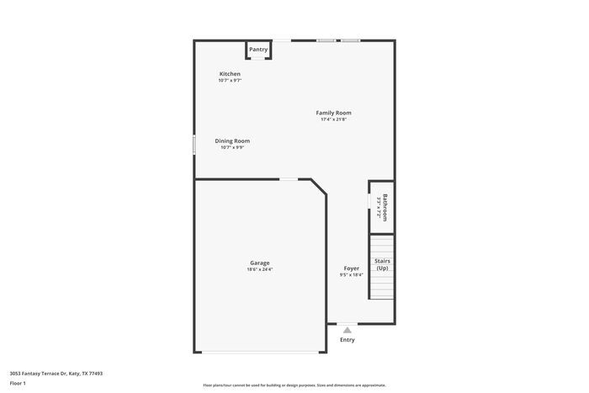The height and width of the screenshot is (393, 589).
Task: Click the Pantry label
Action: pyautogui.click(x=258, y=50)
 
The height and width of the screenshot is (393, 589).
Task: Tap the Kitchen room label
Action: pyautogui.click(x=230, y=74)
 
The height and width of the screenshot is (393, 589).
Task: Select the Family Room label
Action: pyautogui.click(x=333, y=113)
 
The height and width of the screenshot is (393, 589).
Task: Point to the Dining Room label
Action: pyautogui.click(x=232, y=141)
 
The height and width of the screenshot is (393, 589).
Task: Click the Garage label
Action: pyautogui.click(x=259, y=263)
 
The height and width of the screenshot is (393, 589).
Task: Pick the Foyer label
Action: pyautogui.click(x=351, y=268)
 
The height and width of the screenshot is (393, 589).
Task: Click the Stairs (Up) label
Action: pyautogui.click(x=382, y=264)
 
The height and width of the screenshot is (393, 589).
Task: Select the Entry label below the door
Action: pyautogui.click(x=348, y=340)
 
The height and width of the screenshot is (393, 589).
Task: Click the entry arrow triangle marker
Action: pyautogui.click(x=347, y=330)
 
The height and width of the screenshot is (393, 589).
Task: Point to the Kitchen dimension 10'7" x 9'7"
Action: pyautogui.click(x=230, y=81)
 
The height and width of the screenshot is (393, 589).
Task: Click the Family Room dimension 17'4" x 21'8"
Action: pyautogui.click(x=333, y=119)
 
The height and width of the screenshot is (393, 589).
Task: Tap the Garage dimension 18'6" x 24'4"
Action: pyautogui.click(x=259, y=269)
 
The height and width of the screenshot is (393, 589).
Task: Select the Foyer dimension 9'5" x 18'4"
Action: pyautogui.click(x=351, y=275)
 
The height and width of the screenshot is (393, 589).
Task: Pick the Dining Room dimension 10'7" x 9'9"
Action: pyautogui.click(x=232, y=147)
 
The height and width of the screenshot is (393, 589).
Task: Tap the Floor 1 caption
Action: pyautogui.click(x=18, y=383)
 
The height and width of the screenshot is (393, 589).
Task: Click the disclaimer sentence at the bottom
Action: pyautogui.click(x=294, y=384)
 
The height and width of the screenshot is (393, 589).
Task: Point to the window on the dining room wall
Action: pyautogui.click(x=194, y=144)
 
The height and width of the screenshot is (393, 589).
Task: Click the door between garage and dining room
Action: pyautogui.click(x=289, y=178)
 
